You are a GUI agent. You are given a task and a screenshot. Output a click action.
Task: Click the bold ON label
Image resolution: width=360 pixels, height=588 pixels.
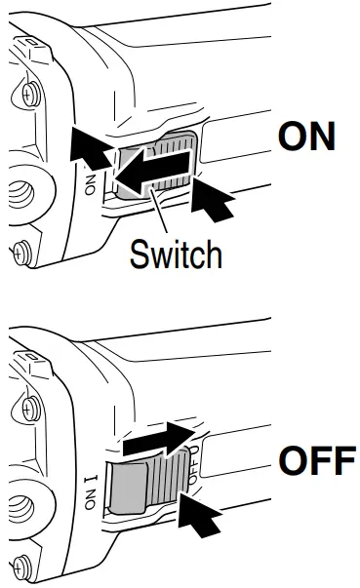(306, 137)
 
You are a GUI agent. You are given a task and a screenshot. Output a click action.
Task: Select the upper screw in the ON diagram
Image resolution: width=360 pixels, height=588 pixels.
(28, 94)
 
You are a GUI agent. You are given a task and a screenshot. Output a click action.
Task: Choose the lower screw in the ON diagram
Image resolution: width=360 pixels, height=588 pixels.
(20, 251)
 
